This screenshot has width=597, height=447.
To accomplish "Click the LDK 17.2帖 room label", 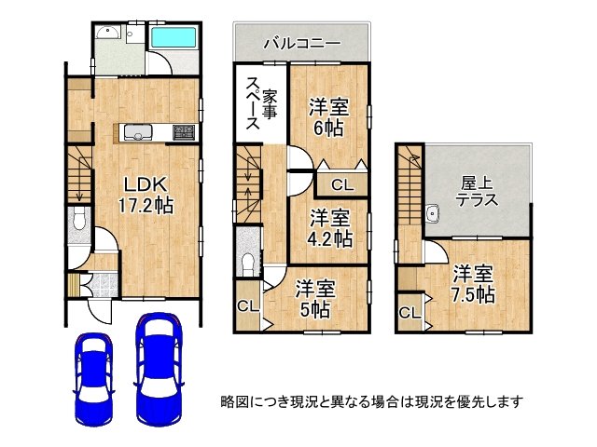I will [x=142, y=192].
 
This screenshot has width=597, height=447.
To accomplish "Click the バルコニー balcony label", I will [x=301, y=43].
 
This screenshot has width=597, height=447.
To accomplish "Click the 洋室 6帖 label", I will [x=329, y=117].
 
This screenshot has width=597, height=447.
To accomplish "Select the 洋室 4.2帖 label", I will [x=331, y=229].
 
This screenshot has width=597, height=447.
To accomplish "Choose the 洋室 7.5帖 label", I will [x=474, y=284].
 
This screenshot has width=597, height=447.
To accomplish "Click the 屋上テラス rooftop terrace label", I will [x=476, y=191].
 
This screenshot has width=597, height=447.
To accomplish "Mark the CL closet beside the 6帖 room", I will [x=342, y=183].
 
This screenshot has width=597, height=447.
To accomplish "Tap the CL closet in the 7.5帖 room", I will [x=409, y=313].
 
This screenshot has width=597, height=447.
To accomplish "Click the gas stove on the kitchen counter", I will [x=182, y=132].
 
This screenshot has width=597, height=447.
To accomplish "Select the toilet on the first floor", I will [x=78, y=223].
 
